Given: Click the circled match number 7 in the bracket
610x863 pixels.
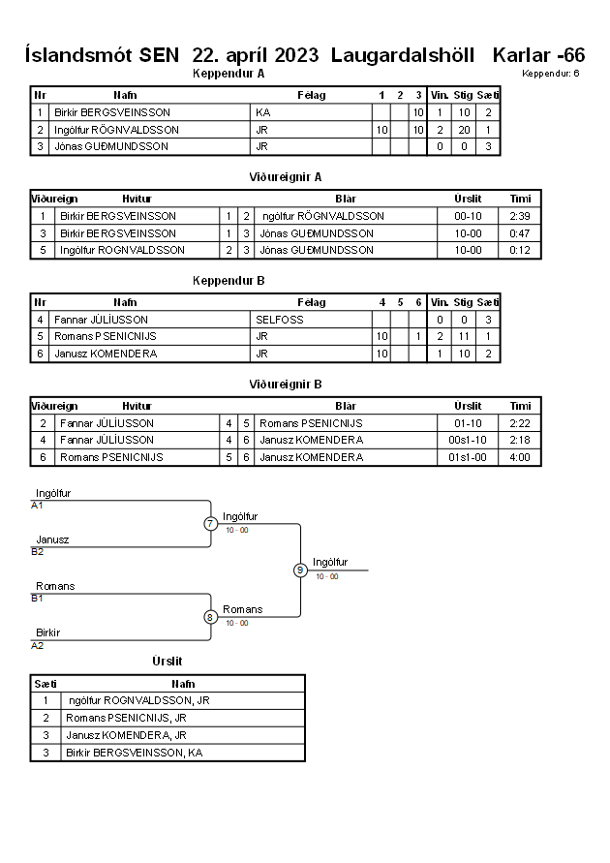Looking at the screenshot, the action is pyautogui.click(x=210, y=523).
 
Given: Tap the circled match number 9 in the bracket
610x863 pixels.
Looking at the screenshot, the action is pyautogui.click(x=300, y=570).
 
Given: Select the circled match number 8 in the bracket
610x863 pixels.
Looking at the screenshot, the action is pyautogui.click(x=210, y=617).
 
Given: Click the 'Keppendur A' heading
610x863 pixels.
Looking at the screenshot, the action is pyautogui.click(x=229, y=74).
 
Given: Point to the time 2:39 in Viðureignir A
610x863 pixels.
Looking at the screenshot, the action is pyautogui.click(x=519, y=216).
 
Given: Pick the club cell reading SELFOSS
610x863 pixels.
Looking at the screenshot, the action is pyautogui.click(x=280, y=320).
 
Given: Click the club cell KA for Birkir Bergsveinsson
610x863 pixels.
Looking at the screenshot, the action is pyautogui.click(x=263, y=112).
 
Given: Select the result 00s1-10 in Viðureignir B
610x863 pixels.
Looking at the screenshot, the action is pyautogui.click(x=468, y=440).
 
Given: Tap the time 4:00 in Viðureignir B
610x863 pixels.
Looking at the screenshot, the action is pyautogui.click(x=519, y=457).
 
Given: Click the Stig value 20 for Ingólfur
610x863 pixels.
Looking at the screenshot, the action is pyautogui.click(x=464, y=130).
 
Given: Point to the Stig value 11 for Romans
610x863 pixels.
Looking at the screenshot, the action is pyautogui.click(x=464, y=336).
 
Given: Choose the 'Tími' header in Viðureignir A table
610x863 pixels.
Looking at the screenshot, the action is pyautogui.click(x=520, y=199).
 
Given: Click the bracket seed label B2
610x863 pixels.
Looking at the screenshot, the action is pyautogui.click(x=38, y=551).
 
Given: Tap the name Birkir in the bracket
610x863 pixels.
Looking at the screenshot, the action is pyautogui.click(x=47, y=632).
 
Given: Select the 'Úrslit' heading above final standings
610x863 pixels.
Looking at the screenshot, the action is pyautogui.click(x=168, y=661).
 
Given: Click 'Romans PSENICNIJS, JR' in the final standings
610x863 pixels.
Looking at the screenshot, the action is pyautogui.click(x=126, y=718).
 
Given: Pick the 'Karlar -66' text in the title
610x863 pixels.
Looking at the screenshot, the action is pyautogui.click(x=538, y=55).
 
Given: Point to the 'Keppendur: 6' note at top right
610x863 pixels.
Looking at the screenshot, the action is pyautogui.click(x=551, y=74).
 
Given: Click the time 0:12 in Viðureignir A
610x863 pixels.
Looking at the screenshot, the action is pyautogui.click(x=519, y=250).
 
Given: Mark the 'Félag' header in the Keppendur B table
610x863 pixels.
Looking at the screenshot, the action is pyautogui.click(x=312, y=302).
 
